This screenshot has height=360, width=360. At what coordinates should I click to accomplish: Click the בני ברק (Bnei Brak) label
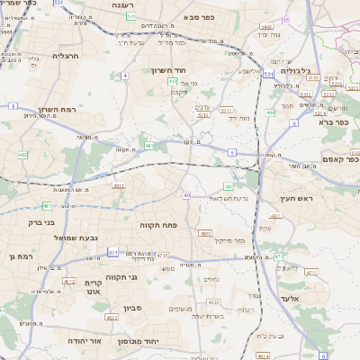coord(40,221)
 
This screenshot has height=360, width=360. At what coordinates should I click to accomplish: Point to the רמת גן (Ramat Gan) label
coord(15,257)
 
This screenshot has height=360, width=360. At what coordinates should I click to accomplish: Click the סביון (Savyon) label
coord(157,309)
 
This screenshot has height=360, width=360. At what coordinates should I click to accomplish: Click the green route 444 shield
coord(271,112)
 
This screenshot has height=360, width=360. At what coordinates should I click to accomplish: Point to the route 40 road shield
coord(186,195)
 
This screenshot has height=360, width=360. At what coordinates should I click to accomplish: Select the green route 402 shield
coord(22,155)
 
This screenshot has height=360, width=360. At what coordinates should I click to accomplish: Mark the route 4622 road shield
coord(112,318)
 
